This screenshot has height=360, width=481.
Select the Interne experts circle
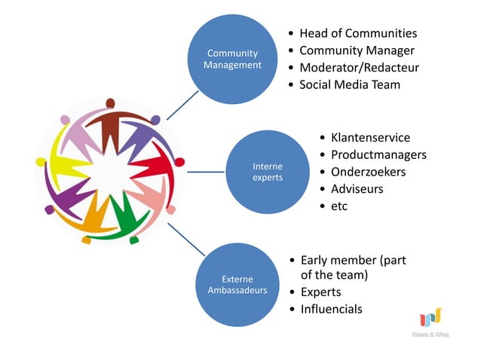click(x=268, y=172)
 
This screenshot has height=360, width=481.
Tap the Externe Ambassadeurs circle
click(x=237, y=285)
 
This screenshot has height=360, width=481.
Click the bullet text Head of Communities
click(x=357, y=33)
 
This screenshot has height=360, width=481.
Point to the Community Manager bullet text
click(x=357, y=50)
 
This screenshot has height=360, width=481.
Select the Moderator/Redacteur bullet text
click(x=359, y=68)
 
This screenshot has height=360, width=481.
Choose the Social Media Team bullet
click(x=350, y=84)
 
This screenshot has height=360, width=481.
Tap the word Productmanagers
click(x=378, y=155)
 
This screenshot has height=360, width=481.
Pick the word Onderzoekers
click(x=368, y=172)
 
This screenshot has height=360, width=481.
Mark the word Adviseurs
click(x=357, y=189)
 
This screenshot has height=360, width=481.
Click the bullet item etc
click(x=339, y=206)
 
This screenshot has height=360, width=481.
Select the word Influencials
click(x=331, y=310)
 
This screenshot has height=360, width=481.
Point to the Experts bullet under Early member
click(x=320, y=292)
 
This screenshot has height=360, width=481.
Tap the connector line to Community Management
click(x=178, y=106)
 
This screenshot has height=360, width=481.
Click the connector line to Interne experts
click(x=204, y=172)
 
